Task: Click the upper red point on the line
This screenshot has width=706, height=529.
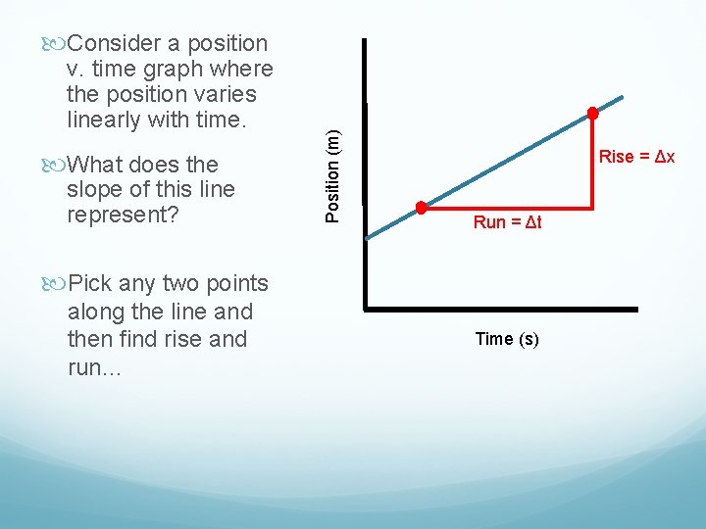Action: point(592,113)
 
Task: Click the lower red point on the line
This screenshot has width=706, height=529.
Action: point(421,208)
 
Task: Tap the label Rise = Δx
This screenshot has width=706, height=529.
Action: point(636,157)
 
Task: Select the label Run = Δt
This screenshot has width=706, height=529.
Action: point(507,222)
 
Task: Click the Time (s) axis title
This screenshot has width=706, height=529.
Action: point(507,339)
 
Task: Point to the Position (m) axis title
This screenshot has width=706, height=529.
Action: point(332,164)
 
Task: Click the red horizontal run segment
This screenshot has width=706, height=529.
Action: point(505,208)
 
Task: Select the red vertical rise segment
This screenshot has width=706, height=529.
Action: point(593,162)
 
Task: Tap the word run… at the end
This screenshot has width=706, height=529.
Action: point(92,367)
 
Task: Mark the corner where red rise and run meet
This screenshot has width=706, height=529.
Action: point(593,208)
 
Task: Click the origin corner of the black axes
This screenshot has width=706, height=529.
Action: point(366,309)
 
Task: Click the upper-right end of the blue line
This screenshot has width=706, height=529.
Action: point(623,97)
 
